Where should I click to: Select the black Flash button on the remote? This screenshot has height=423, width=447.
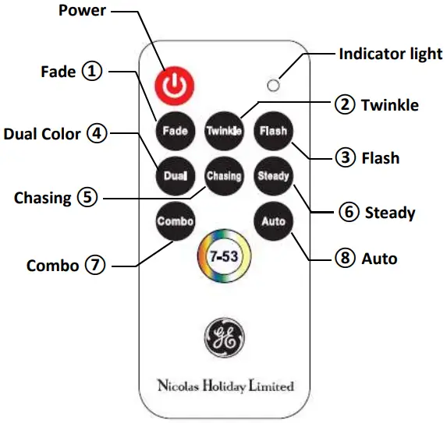point(273,130)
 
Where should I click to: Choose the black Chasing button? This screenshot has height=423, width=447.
point(223,176)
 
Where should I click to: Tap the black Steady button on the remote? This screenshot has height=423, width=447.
point(273,176)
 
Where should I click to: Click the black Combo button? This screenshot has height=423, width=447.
point(175,221)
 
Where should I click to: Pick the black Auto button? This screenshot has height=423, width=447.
point(273,221)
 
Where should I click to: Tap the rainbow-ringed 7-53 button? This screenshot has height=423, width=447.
point(224,256)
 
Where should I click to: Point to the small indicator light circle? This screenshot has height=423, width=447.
point(273,84)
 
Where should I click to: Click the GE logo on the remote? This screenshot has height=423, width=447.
point(224,336)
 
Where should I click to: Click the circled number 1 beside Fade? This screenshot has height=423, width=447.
point(93,72)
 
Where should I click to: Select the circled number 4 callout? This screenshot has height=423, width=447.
point(97,133)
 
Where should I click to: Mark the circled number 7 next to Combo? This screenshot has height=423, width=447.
point(95,265)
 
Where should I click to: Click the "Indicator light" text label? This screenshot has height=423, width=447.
point(390,55)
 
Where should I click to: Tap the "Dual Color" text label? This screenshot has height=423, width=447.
point(42,134)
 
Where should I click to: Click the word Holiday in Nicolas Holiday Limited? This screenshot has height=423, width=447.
point(224,386)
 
